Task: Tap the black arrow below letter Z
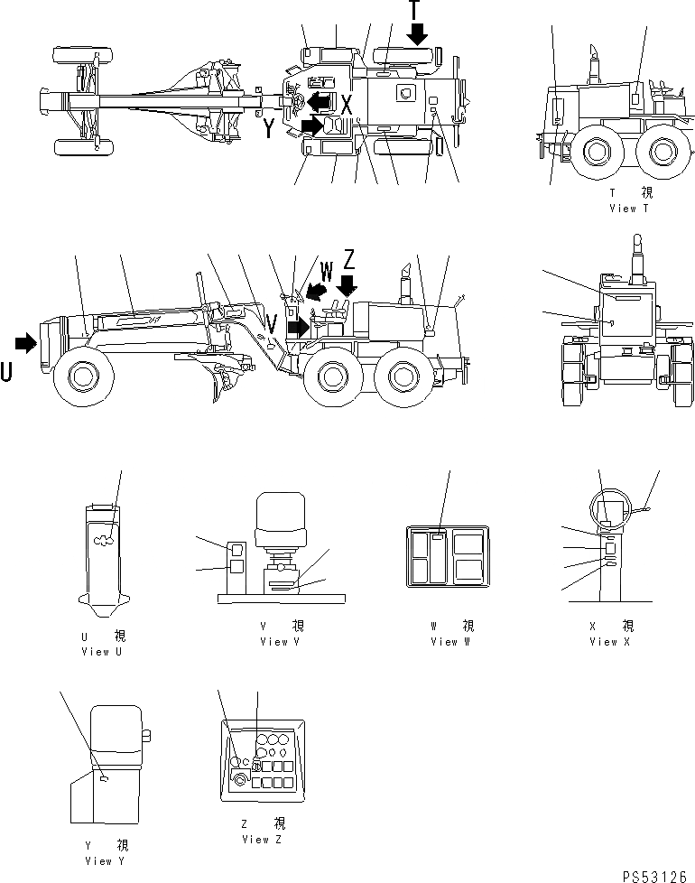346,285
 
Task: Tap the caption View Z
262,839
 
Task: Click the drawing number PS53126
654,875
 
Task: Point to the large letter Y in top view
269,129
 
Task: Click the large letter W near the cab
326,268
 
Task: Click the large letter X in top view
346,104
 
